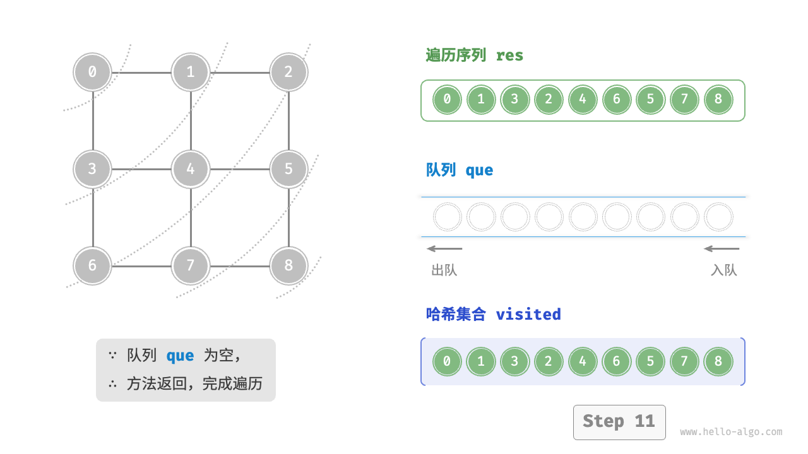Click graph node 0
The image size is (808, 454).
coord(92,72)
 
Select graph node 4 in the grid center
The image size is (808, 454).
coord(190,169)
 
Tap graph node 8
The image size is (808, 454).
coord(288,265)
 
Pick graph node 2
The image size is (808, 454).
coord(288,72)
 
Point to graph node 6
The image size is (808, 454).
coord(92,265)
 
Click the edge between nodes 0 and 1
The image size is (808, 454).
coord(141,72)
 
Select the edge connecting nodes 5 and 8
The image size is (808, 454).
coord(288,218)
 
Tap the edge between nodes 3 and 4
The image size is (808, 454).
coord(141,169)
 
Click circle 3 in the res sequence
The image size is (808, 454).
coord(515,100)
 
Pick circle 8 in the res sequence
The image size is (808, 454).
coord(718,100)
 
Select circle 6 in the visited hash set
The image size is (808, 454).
coord(617,361)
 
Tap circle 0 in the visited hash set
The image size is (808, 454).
coord(447,361)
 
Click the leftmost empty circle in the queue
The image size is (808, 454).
coord(447,217)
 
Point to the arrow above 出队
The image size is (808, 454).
coord(444,248)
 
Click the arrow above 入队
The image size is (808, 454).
coord(722,248)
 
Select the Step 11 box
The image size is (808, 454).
coord(619,422)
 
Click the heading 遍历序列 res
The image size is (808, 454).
coord(475,55)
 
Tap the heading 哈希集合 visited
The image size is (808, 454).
coord(493,314)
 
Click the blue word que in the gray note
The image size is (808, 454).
coord(180,356)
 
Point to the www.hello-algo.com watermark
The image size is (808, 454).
coord(731,433)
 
